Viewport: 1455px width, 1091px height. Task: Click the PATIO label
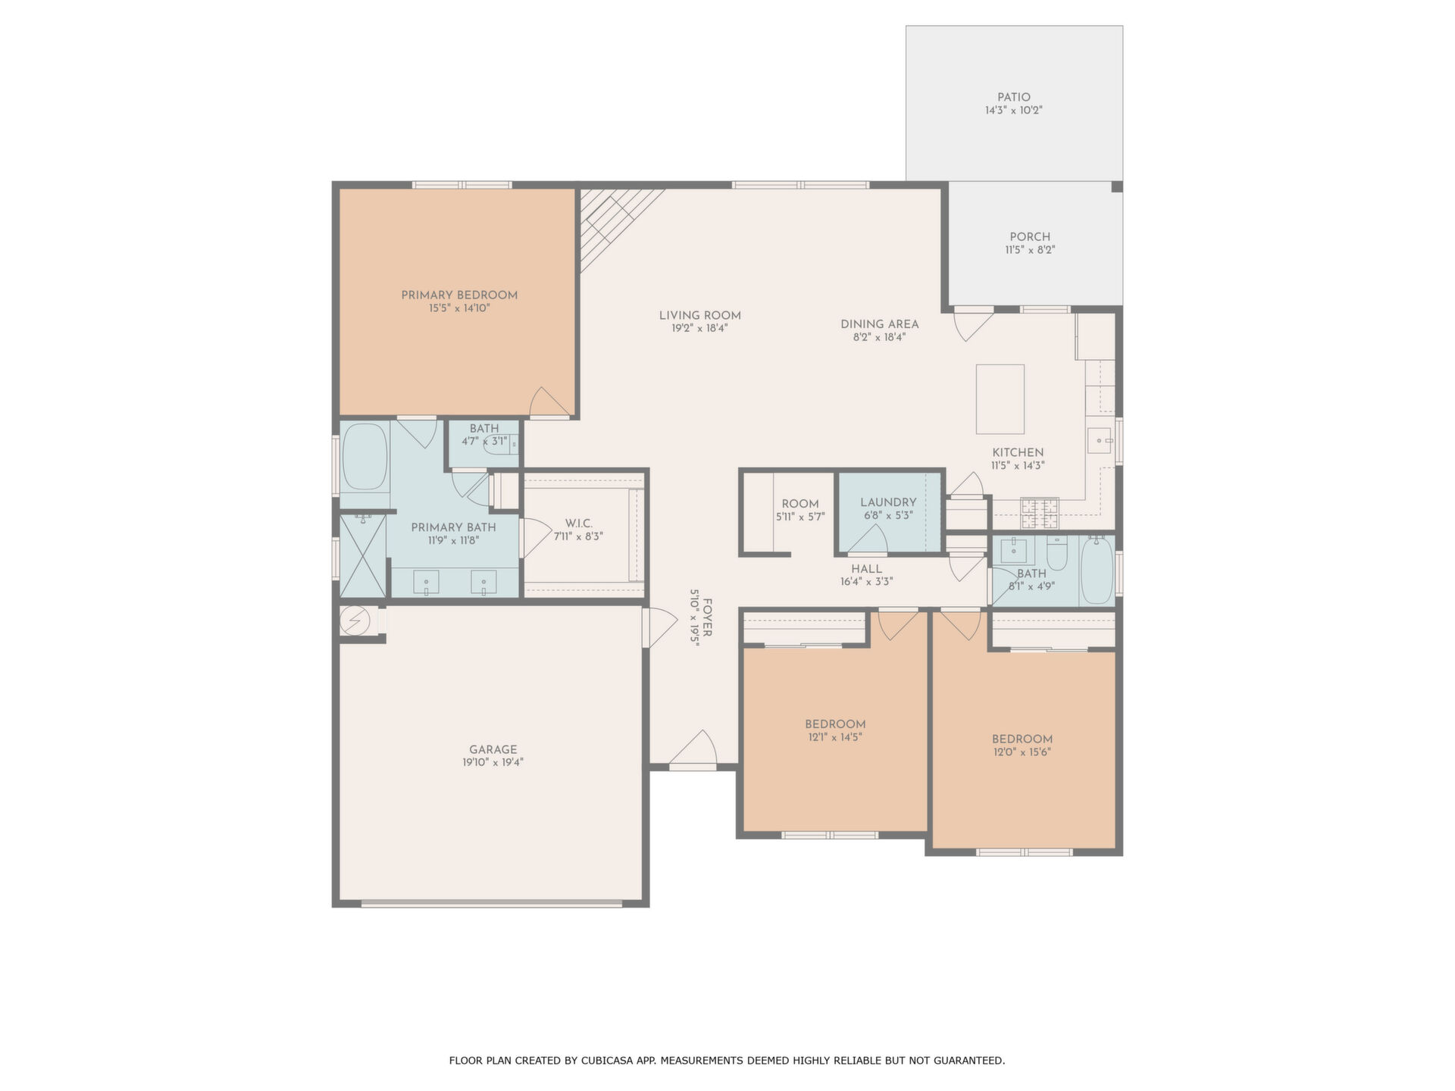click(x=1014, y=97)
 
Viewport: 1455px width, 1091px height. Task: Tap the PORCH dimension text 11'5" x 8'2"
click(x=1030, y=250)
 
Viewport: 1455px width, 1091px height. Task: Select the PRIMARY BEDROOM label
click(x=459, y=295)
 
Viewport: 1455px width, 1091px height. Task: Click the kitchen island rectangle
click(x=1000, y=399)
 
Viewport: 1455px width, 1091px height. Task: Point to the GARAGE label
click(x=493, y=749)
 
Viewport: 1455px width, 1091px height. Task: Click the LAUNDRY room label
click(x=888, y=502)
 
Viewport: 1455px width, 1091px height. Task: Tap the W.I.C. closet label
click(x=579, y=524)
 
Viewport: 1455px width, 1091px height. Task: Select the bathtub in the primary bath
click(x=365, y=458)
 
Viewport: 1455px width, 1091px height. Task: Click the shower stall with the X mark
click(x=363, y=555)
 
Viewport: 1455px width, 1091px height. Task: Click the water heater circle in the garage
click(x=355, y=621)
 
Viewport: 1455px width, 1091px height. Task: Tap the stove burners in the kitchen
click(x=1040, y=512)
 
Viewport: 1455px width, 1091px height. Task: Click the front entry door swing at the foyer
click(x=693, y=750)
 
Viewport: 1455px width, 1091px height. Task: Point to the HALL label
click(x=866, y=569)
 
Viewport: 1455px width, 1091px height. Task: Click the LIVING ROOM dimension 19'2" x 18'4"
click(x=699, y=329)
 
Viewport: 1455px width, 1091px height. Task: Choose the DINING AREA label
click(x=880, y=324)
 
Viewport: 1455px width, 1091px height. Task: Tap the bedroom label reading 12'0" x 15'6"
click(x=1022, y=752)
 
